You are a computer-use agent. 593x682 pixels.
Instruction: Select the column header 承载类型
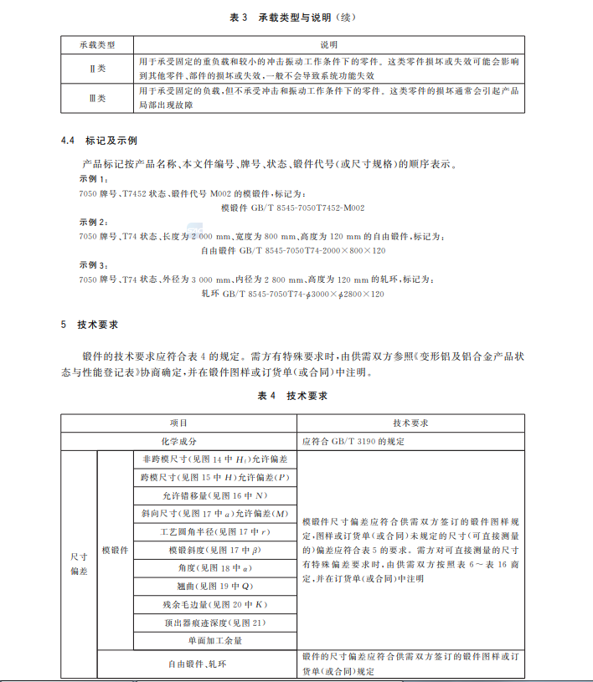[x=98, y=44]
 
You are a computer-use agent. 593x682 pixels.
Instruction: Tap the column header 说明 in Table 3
[x=329, y=44]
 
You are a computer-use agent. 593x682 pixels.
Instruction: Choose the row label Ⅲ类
[x=98, y=98]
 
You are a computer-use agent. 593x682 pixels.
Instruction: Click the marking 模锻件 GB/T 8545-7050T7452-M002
[x=292, y=207]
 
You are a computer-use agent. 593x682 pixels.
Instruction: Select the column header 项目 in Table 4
[x=178, y=423]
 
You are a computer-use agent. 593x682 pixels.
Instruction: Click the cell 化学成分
[x=178, y=440]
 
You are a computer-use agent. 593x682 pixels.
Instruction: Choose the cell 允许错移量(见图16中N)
[x=214, y=495]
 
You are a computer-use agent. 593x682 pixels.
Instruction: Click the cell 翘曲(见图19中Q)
[x=214, y=586]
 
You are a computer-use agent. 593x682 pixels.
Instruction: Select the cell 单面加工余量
[x=214, y=640]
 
